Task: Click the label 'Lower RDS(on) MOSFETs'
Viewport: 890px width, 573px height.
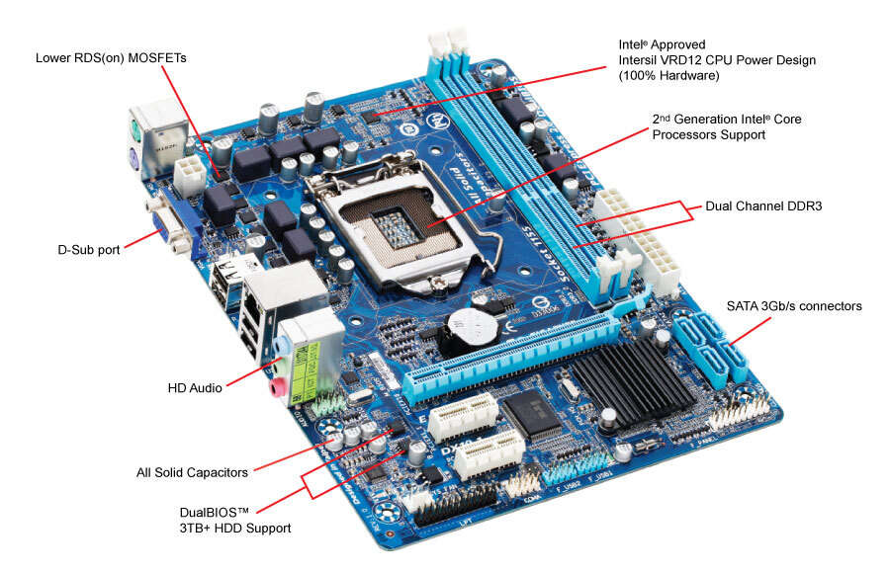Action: tap(111, 58)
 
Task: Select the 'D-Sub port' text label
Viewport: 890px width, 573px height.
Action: tap(88, 250)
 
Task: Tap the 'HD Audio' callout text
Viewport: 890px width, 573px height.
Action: tap(195, 388)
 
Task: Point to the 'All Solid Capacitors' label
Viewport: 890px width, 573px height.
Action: tap(192, 472)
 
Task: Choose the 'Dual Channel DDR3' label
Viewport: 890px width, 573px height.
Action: tap(763, 206)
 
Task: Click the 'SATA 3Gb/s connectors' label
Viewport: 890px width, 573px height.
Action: tap(794, 306)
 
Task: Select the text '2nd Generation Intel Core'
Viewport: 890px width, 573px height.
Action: tap(727, 119)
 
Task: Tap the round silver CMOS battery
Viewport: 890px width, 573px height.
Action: tap(466, 327)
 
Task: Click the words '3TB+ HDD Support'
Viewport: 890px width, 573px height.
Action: tap(228, 529)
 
